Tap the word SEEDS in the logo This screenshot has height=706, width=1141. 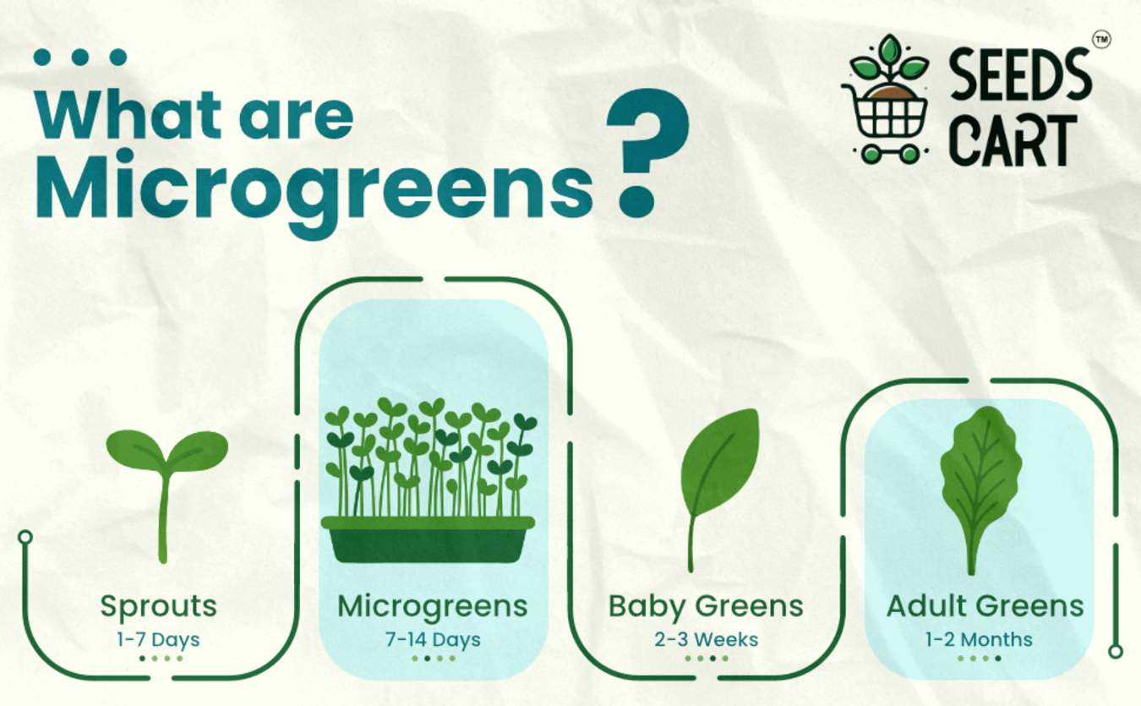(x=1020, y=74)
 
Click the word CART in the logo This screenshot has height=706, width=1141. (x=1013, y=140)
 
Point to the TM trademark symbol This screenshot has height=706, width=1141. (x=1102, y=39)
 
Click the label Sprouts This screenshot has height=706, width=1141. (x=158, y=607)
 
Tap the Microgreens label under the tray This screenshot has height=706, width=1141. (x=433, y=607)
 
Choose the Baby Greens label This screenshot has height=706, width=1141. (x=706, y=607)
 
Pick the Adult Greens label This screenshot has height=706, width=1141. (x=985, y=606)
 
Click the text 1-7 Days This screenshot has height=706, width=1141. (x=158, y=640)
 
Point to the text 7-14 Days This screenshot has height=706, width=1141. (x=433, y=640)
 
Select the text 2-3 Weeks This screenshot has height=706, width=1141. (x=706, y=639)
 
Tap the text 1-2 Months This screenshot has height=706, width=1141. (x=979, y=639)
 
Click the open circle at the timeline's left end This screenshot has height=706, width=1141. (x=25, y=537)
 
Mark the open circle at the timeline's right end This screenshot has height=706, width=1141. (x=1116, y=651)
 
